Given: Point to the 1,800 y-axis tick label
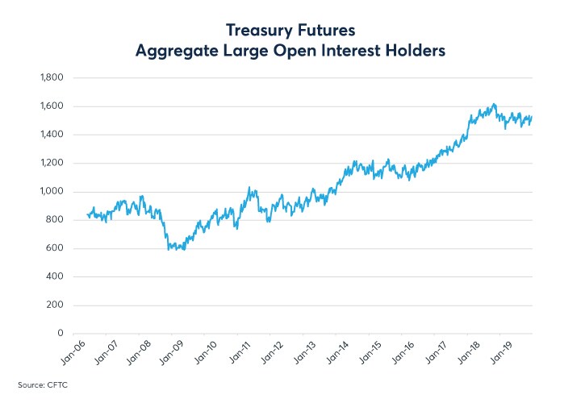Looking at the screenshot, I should click(51, 78).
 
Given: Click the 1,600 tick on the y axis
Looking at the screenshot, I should click(51, 106).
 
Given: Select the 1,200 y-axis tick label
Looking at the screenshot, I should click(51, 163).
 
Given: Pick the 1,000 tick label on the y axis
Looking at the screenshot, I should click(51, 192).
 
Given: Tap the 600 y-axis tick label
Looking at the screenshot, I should click(54, 248).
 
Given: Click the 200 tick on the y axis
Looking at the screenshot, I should click(54, 305).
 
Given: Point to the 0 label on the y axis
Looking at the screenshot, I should click(60, 333).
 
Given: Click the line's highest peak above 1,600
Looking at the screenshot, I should click(494, 104).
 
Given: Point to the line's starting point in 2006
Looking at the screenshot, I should click(86, 214).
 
